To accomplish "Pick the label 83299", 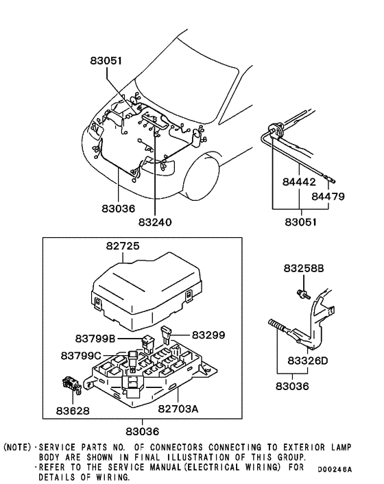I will [208, 335].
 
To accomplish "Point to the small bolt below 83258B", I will [300, 293].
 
